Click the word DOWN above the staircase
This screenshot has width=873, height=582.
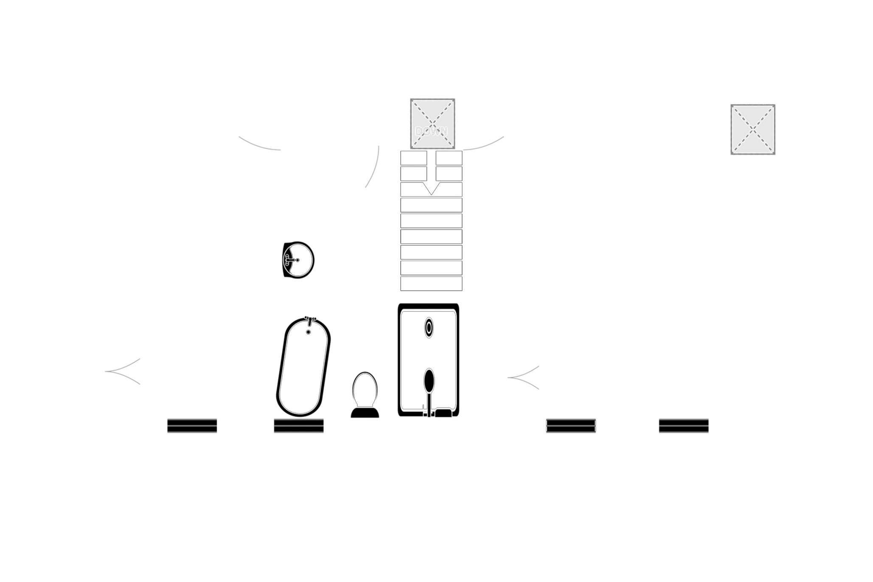pyautogui.click(x=431, y=131)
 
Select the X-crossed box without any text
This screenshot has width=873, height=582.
pyautogui.click(x=753, y=129)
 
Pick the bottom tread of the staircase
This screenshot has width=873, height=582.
pyautogui.click(x=431, y=284)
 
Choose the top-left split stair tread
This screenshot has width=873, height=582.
pyautogui.click(x=414, y=158)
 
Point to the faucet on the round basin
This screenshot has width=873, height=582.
pyautogui.click(x=290, y=260)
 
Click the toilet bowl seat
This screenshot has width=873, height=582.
pyautogui.click(x=365, y=389)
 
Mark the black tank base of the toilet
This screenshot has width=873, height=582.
pyautogui.click(x=365, y=412)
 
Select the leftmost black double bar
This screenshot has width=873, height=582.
pyautogui.click(x=192, y=426)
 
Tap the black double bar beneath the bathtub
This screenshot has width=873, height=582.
pyautogui.click(x=299, y=426)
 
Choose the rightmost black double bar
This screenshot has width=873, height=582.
pyautogui.click(x=684, y=426)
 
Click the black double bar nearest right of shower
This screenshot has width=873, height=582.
pyautogui.click(x=571, y=426)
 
